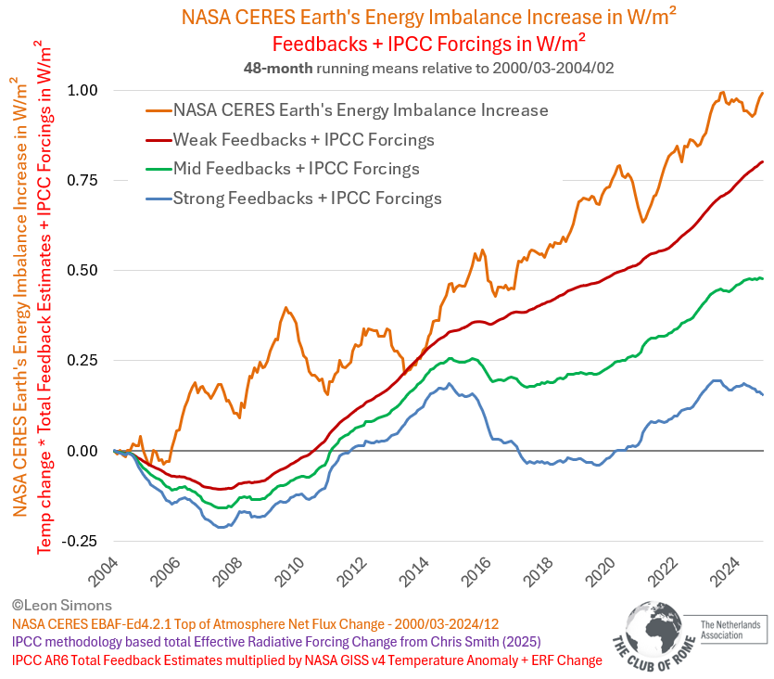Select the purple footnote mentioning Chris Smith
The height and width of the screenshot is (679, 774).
click(275, 641)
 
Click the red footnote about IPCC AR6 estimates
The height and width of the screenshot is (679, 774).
click(307, 660)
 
